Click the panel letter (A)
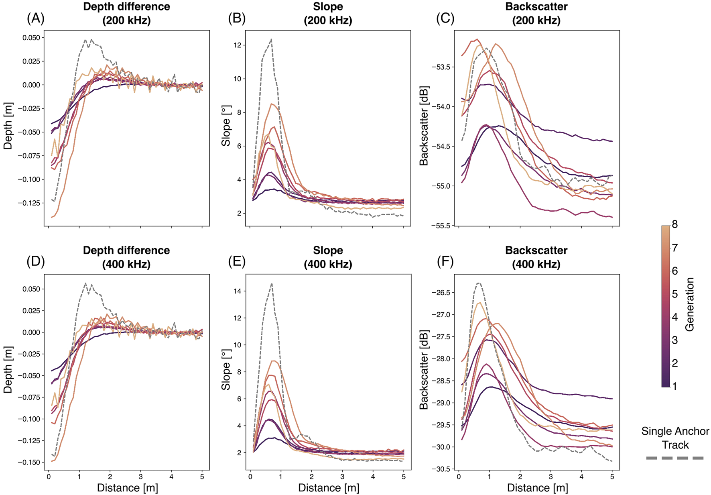35,18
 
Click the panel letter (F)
445,262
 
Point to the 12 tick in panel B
237,45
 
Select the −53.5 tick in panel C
441,67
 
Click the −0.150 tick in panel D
29,462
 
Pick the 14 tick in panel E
237,291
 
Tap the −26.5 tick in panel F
441,293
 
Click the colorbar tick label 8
675,225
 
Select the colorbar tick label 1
675,386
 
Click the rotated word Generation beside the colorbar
689,304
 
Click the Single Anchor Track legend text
675,438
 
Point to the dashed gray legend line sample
675,458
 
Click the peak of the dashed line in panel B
272,39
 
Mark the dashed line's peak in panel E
272,283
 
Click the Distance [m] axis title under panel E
329,488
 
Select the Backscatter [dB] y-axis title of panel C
424,126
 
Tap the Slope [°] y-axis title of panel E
226,370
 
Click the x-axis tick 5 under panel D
202,477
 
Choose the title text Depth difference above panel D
126,251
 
